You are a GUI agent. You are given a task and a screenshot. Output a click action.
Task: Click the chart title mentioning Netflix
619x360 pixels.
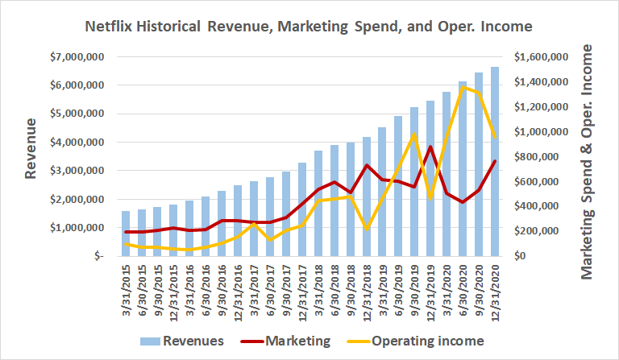pos(309,26)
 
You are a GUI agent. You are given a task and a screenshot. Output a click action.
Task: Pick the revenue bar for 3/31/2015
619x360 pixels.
pos(126,234)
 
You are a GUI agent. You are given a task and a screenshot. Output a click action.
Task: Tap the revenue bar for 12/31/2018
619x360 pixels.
pos(366,197)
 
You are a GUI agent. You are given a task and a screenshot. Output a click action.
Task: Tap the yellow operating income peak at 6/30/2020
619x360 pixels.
pos(462,87)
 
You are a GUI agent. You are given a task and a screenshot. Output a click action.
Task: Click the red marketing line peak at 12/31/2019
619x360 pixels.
pos(430,147)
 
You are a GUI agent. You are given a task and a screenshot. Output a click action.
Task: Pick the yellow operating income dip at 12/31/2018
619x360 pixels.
pos(366,230)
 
